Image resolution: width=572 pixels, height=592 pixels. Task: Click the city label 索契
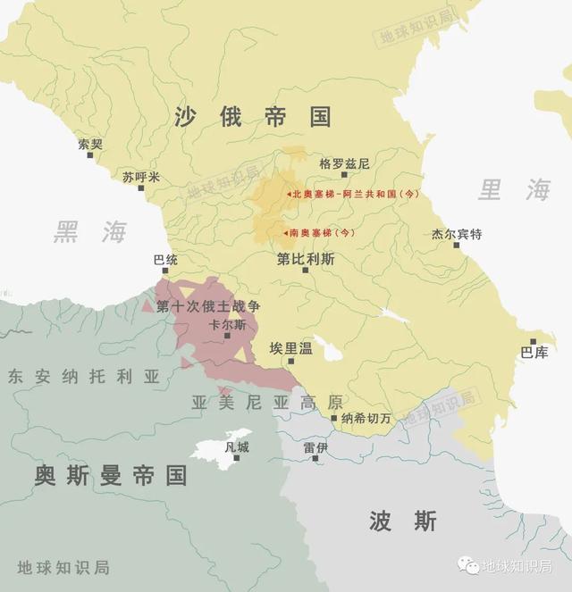click(90, 143)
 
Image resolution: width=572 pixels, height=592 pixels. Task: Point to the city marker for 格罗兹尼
click(344, 175)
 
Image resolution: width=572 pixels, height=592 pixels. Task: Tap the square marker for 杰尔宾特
click(457, 246)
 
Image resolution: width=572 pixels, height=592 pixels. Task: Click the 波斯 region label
click(402, 520)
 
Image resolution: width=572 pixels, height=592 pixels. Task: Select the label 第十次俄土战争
click(208, 306)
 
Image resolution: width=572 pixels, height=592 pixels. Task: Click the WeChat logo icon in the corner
click(468, 565)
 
